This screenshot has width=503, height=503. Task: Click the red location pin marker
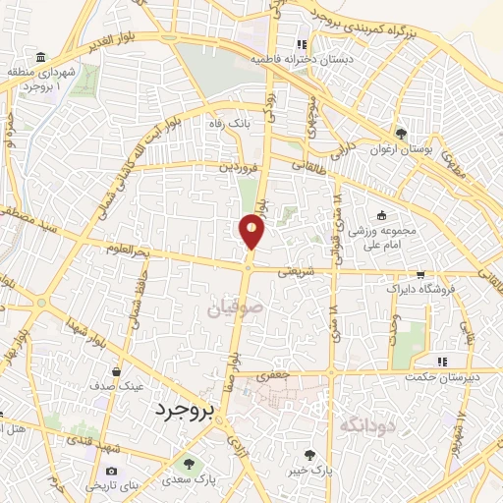coord(252,231)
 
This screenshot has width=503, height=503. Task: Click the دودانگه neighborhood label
coord(367,424)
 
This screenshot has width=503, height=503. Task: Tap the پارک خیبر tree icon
coord(310,454)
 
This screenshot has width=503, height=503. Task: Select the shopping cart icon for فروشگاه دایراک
coord(421,276)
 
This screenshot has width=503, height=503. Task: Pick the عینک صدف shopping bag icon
coord(118,372)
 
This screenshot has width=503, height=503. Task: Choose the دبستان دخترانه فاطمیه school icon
coord(303,44)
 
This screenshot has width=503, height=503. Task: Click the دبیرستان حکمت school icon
coord(443,361)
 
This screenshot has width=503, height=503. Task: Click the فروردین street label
coord(239,168)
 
